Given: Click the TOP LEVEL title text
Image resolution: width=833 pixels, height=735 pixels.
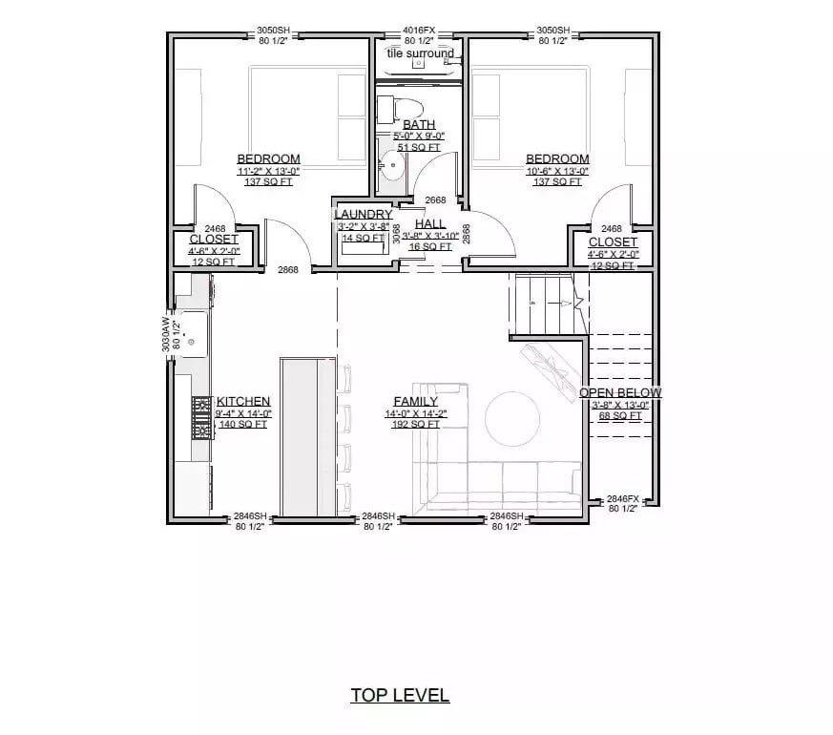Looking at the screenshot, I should [399, 695].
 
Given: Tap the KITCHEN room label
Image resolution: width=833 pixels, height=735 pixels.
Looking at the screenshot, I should [243, 402].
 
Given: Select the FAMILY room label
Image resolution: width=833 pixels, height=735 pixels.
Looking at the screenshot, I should [415, 402].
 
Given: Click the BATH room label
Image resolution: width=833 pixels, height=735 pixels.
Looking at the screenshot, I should [419, 124].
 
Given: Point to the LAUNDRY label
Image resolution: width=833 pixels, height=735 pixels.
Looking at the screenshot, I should [363, 215].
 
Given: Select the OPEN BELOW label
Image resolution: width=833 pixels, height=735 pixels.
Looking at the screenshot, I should [620, 392].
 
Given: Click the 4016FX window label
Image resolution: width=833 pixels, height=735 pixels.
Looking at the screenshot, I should [419, 31].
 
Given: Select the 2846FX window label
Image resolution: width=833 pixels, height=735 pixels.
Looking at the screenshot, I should [622, 498].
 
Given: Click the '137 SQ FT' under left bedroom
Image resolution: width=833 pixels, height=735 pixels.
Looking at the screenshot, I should [269, 182].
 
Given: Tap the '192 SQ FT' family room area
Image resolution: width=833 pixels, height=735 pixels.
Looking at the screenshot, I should [415, 424].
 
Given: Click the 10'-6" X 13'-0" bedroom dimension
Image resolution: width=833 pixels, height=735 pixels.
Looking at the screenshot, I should [557, 171].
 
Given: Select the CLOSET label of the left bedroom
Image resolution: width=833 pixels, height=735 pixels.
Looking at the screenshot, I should [213, 240].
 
